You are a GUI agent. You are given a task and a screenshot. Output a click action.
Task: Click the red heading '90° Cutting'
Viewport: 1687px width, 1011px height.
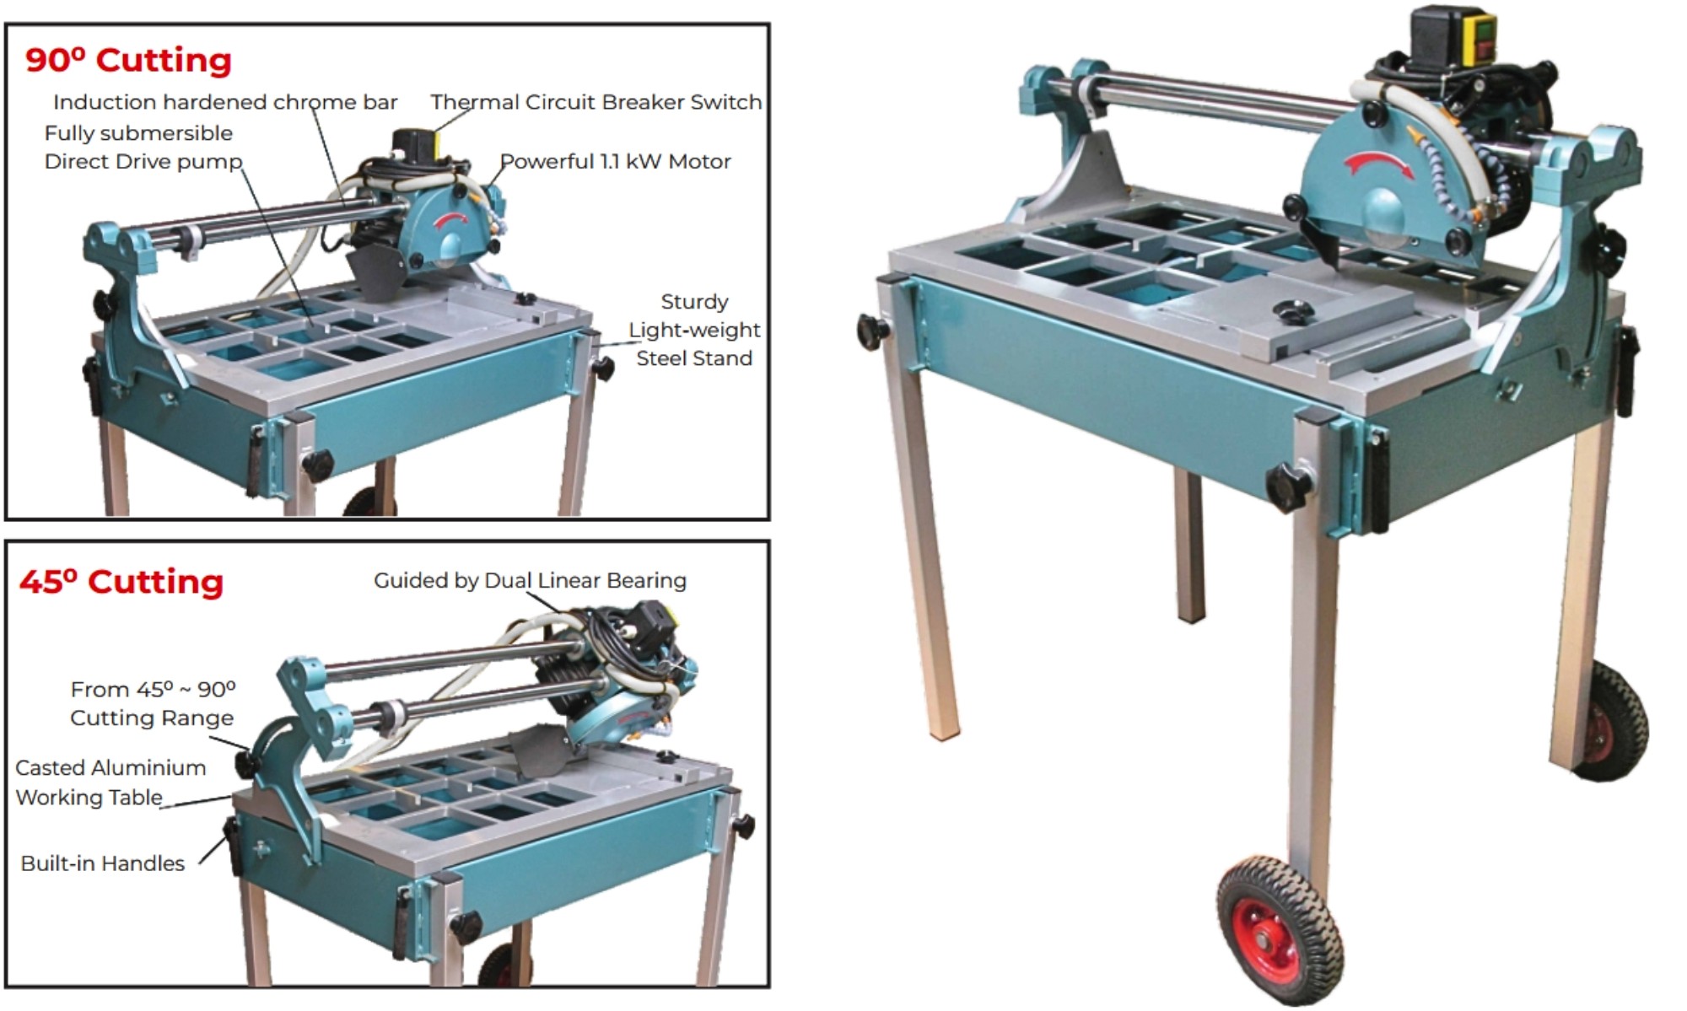point(128,61)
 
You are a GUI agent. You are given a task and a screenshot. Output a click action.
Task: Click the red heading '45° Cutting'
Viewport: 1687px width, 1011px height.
point(121,582)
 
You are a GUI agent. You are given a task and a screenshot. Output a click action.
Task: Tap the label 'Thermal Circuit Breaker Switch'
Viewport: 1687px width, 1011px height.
point(596,102)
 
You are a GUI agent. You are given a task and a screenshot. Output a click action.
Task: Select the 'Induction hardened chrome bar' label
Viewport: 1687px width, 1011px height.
point(224,102)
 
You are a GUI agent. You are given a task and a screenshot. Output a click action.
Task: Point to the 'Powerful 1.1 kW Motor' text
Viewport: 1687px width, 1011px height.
point(615,161)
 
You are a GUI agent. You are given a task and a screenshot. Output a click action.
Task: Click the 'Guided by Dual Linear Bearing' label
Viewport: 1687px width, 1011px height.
point(530,580)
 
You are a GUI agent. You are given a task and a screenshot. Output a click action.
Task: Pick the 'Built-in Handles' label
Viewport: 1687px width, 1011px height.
point(102,863)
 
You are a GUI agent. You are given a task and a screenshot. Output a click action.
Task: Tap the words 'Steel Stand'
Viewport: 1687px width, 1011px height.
point(693,358)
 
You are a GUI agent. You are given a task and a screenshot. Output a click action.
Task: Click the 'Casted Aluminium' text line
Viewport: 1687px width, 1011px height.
point(110,768)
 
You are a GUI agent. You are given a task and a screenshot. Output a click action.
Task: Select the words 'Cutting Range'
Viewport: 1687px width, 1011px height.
point(152,718)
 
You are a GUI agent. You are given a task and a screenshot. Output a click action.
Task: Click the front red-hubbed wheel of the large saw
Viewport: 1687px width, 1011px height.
point(1277,930)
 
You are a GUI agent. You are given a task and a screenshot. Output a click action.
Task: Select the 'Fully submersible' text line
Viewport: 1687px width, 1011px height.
point(138,133)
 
